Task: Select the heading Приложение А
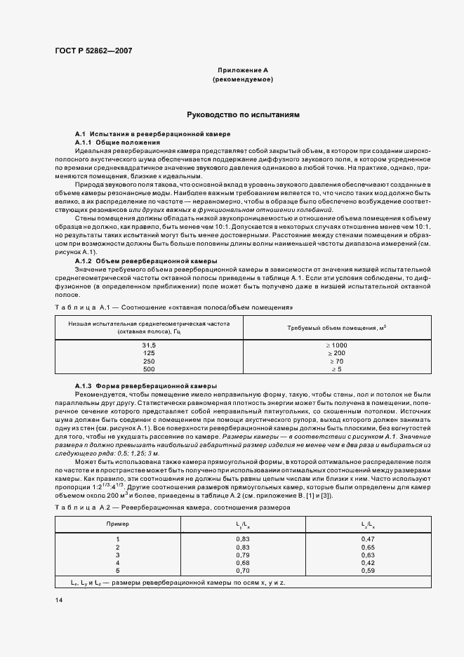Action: pyautogui.click(x=243, y=71)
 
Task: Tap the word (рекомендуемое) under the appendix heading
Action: pyautogui.click(x=243, y=80)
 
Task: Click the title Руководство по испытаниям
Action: pyautogui.click(x=243, y=114)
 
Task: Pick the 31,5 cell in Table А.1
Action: pyautogui.click(x=148, y=345)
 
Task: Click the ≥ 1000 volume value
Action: pyautogui.click(x=336, y=345)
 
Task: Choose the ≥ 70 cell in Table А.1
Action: pyautogui.click(x=336, y=361)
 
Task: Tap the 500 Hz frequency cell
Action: pyautogui.click(x=148, y=369)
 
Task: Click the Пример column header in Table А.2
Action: pyautogui.click(x=117, y=524)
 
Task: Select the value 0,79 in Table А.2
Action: pyautogui.click(x=243, y=555)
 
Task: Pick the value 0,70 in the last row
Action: pyautogui.click(x=243, y=570)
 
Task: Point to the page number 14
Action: pyautogui.click(x=58, y=600)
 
